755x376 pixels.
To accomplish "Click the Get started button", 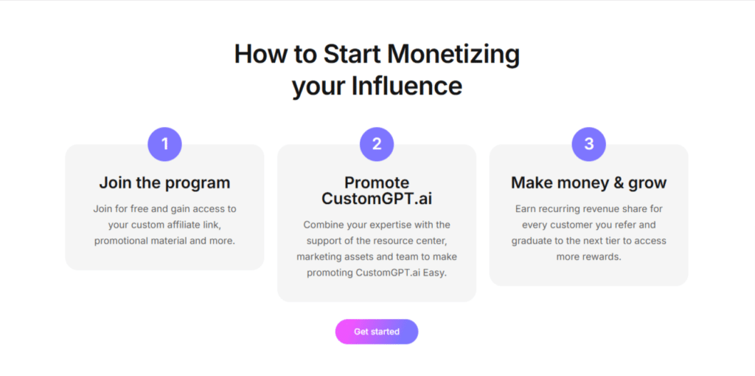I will (377, 332).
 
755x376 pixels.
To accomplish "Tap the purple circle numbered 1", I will (164, 144).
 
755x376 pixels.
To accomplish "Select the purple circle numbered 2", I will (377, 144).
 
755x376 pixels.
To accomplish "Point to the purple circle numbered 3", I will (588, 144).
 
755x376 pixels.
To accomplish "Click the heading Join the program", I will (164, 182).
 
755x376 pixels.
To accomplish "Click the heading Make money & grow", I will (588, 182).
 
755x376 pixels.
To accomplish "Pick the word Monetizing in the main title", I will (453, 54).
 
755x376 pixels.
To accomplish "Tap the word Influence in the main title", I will (406, 86).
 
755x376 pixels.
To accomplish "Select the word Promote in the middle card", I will (377, 182).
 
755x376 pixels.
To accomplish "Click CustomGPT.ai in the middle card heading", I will (377, 199).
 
